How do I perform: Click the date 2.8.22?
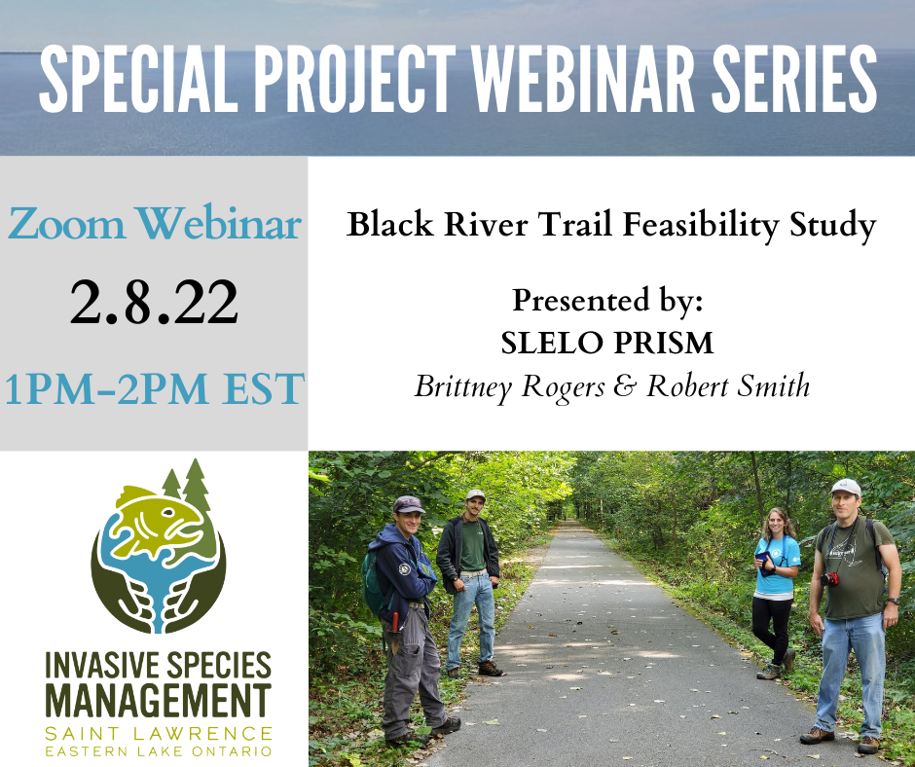pos(154,303)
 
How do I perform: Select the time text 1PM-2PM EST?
pos(154,388)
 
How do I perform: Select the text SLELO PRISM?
pos(606,343)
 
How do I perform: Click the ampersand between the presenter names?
pos(624,385)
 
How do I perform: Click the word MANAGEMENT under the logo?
pos(158,700)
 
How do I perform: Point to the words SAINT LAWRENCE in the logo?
pos(158,733)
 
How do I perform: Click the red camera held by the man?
pos(829,579)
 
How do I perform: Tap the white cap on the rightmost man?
pos(846,487)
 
